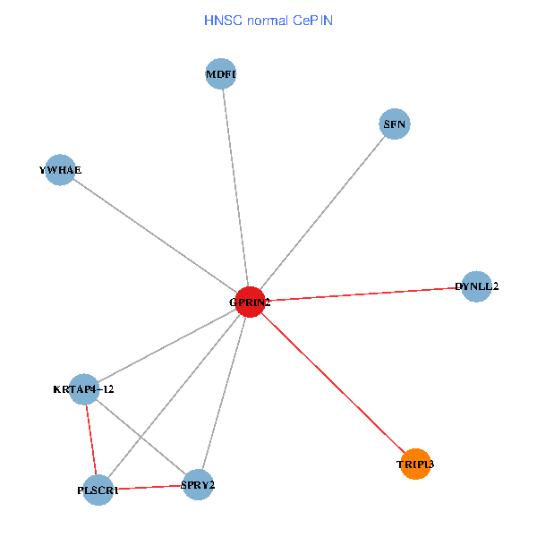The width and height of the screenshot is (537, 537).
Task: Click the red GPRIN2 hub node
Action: pyautogui.click(x=250, y=302)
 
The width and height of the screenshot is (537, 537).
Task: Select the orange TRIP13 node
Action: pyautogui.click(x=415, y=464)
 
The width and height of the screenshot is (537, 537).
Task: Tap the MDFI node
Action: pyautogui.click(x=220, y=75)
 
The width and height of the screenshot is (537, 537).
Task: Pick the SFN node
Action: pyautogui.click(x=395, y=124)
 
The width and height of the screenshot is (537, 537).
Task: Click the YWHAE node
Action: pyautogui.click(x=60, y=169)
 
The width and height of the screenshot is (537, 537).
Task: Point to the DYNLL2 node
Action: pyautogui.click(x=476, y=286)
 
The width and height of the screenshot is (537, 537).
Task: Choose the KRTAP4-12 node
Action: pyautogui.click(x=83, y=388)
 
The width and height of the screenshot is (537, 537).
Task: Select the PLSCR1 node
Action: pyautogui.click(x=98, y=490)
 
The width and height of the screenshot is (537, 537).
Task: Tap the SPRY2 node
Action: pyautogui.click(x=198, y=485)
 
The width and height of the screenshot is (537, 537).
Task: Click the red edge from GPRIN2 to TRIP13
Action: pyautogui.click(x=333, y=383)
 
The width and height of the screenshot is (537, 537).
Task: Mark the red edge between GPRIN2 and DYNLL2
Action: pyautogui.click(x=362, y=294)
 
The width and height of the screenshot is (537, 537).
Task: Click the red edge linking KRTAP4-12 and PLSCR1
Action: pyautogui.click(x=90, y=439)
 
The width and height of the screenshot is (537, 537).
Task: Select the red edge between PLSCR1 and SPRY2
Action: pyautogui.click(x=148, y=488)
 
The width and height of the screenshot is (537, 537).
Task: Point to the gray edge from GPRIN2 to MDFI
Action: pyautogui.click(x=234, y=188)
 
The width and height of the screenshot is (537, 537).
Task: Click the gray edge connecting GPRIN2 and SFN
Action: pyautogui.click(x=322, y=213)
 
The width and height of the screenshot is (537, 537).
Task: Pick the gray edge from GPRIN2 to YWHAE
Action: pyautogui.click(x=155, y=235)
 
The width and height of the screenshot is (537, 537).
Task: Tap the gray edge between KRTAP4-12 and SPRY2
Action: pyautogui.click(x=141, y=437)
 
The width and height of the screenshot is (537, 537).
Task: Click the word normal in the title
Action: pyautogui.click(x=267, y=20)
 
